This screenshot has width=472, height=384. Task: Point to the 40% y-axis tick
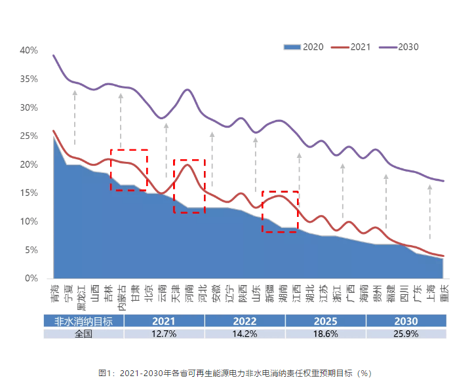pyautogui.click(x=28, y=50)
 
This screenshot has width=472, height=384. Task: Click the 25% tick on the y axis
pyautogui.click(x=28, y=136)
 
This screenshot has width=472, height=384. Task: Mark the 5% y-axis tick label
pyautogui.click(x=31, y=250)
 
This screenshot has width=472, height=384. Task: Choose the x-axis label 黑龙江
pyautogui.click(x=81, y=296)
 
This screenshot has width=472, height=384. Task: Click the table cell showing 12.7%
pyautogui.click(x=164, y=334)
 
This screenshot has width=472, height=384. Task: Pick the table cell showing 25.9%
pyautogui.click(x=406, y=334)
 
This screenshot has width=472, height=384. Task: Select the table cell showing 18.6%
pyautogui.click(x=325, y=334)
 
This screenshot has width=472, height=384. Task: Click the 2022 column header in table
pyautogui.click(x=245, y=321)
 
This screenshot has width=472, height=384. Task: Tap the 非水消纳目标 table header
pyautogui.click(x=83, y=321)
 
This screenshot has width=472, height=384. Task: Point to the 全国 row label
pyautogui.click(x=83, y=334)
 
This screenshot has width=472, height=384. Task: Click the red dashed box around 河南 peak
pyautogui.click(x=189, y=186)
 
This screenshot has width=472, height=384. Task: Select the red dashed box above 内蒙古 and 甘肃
pyautogui.click(x=128, y=170)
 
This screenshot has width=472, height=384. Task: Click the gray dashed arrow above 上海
pyautogui.click(x=430, y=213)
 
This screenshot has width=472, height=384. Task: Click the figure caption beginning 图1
pyautogui.click(x=235, y=373)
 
